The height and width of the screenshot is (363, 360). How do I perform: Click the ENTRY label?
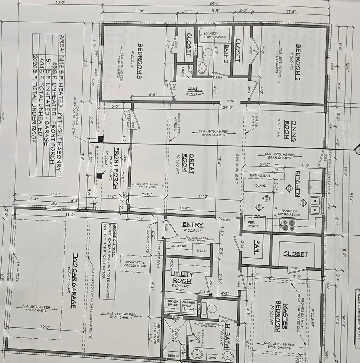(x=192, y=225)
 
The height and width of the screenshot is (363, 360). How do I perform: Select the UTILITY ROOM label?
(x=182, y=277)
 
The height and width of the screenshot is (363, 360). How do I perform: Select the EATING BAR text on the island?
(x=260, y=176)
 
